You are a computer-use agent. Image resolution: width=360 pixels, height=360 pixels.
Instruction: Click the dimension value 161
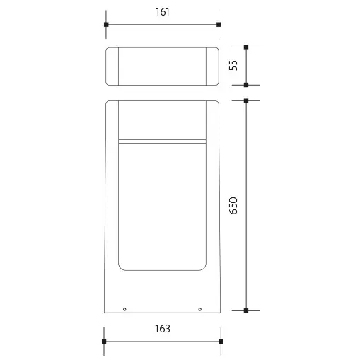(x=161, y=13)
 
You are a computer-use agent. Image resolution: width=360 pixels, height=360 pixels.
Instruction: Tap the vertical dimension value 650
(x=234, y=205)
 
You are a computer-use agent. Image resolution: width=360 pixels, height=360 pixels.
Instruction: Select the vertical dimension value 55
(x=234, y=66)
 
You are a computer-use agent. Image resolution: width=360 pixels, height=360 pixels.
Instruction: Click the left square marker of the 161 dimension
(x=105, y=25)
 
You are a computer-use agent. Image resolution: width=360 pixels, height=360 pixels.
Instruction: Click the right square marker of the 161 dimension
(x=219, y=25)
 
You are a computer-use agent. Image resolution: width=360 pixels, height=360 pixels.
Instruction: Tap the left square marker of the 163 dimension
(x=104, y=342)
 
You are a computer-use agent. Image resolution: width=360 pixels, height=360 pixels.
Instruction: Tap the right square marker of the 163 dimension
(x=219, y=342)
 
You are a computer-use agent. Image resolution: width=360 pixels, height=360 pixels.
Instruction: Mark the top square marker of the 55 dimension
(x=246, y=47)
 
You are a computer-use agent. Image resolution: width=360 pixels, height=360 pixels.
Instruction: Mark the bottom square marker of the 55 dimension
(x=246, y=85)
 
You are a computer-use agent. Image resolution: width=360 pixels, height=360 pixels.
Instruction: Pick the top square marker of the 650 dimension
(x=246, y=101)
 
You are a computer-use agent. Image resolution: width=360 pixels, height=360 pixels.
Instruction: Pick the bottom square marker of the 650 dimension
(x=246, y=310)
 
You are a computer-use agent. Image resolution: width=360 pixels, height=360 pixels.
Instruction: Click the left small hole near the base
(x=124, y=309)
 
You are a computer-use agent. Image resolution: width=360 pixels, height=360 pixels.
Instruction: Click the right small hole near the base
(x=199, y=309)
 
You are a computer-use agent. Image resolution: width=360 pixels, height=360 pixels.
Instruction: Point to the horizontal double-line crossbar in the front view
(x=162, y=140)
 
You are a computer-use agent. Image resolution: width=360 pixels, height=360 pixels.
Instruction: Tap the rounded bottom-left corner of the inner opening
(x=121, y=267)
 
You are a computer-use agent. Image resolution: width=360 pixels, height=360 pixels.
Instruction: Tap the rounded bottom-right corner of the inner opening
(x=203, y=267)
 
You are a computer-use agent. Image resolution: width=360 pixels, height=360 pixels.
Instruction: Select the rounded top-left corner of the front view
(x=108, y=104)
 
